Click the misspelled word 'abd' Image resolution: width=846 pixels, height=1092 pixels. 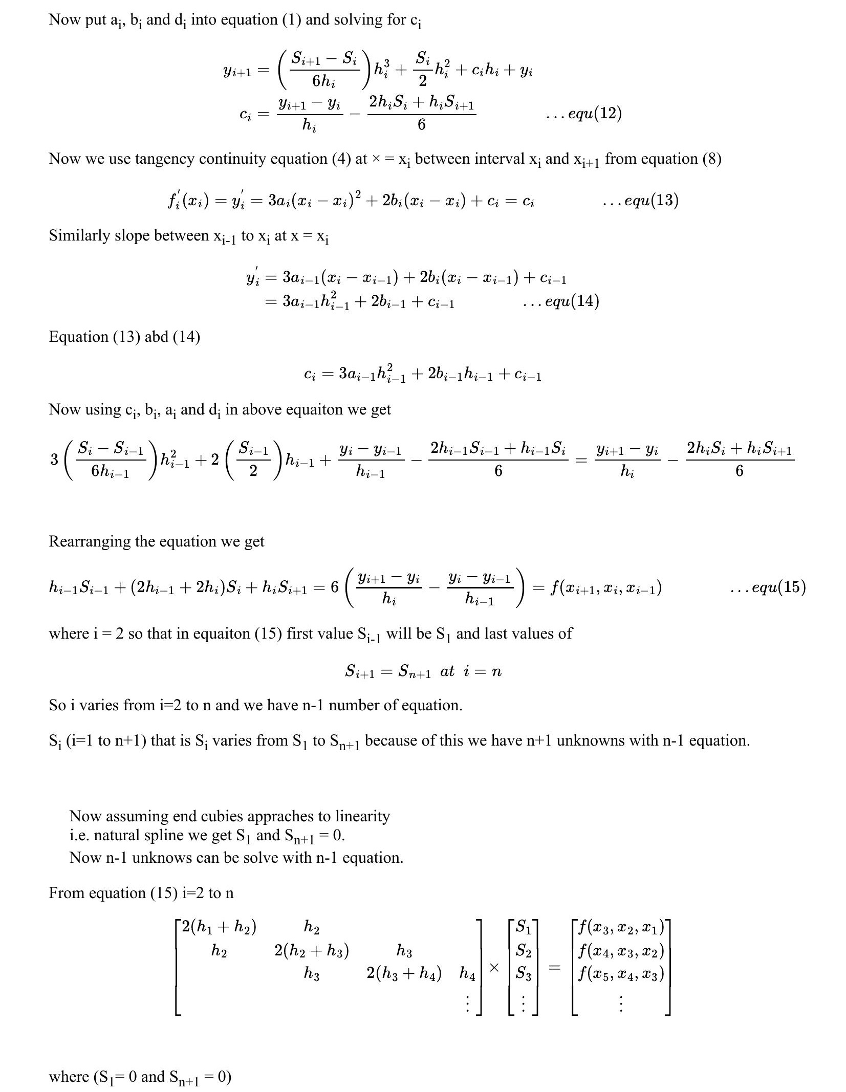(x=157, y=337)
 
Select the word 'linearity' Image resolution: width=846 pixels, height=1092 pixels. (x=362, y=816)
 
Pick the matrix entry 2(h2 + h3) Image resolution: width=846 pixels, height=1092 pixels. (x=312, y=951)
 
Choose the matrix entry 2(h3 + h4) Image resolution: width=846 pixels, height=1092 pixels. (x=404, y=974)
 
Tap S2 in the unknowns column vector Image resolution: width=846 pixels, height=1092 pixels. (x=523, y=951)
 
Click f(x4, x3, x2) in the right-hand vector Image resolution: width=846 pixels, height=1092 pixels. (x=621, y=951)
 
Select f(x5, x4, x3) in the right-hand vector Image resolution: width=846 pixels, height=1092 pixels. (x=621, y=974)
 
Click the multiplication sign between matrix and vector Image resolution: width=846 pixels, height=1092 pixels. (x=494, y=967)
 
